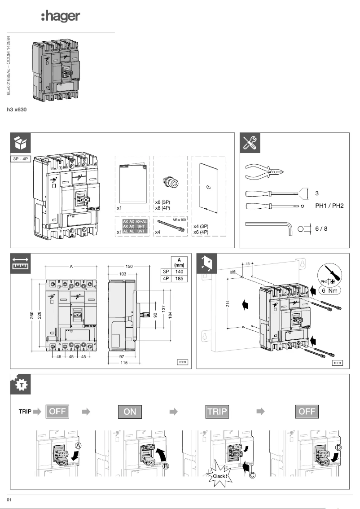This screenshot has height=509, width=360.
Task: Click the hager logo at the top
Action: [60, 17]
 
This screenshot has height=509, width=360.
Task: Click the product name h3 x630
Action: [16, 109]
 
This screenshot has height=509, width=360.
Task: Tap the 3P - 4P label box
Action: [21, 159]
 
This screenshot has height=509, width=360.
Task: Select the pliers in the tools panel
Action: [265, 171]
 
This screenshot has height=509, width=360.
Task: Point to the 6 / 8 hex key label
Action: [321, 228]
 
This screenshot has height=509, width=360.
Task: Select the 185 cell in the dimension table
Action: [180, 278]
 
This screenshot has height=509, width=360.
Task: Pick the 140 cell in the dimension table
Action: [180, 271]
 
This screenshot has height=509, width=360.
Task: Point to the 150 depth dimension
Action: [129, 267]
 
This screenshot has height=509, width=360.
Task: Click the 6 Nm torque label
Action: [329, 290]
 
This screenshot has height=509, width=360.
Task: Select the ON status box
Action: [130, 412]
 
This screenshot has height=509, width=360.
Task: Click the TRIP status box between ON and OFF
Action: [217, 412]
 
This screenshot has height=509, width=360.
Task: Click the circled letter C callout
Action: [253, 476]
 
